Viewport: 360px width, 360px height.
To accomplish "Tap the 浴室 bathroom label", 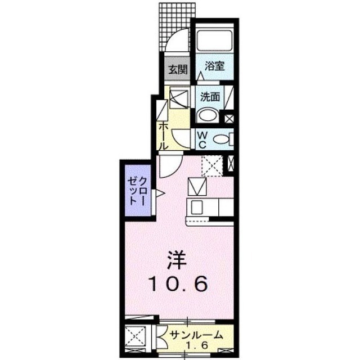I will (214, 65).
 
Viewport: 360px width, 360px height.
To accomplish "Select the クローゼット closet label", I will (138, 190).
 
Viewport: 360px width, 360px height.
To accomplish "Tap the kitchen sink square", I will (197, 206).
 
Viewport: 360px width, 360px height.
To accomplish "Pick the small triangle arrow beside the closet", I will (159, 194).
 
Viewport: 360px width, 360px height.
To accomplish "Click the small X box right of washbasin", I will (229, 119).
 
